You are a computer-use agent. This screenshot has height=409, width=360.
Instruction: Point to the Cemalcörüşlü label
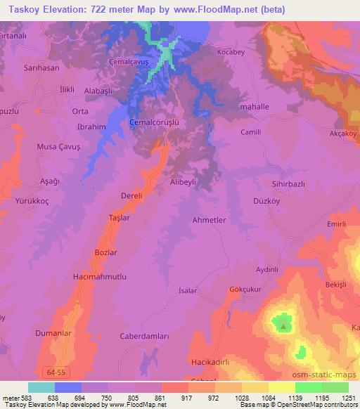(155, 122)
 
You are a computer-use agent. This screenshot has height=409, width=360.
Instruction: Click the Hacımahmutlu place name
(100, 277)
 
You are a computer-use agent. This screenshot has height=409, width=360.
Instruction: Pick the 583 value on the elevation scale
(24, 397)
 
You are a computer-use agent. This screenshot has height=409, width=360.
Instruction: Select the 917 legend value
(188, 397)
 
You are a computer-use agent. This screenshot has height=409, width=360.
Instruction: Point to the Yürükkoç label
(27, 199)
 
